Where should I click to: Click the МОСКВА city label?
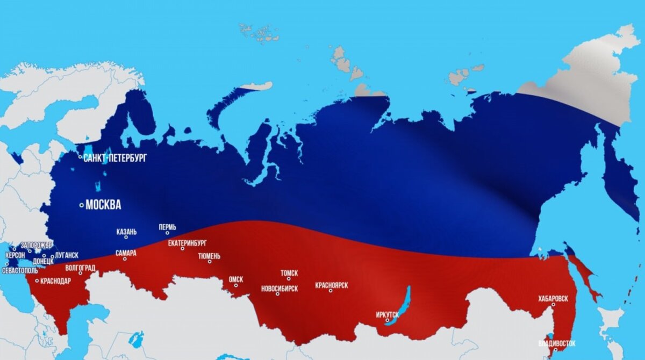click(x=103, y=205)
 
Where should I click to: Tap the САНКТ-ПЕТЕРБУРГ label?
click(x=114, y=158)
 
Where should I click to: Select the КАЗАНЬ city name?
click(x=126, y=232)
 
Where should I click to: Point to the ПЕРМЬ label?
click(x=167, y=227)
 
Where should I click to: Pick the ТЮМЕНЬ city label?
click(x=209, y=256)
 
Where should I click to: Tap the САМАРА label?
click(x=126, y=253)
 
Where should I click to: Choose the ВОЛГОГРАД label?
click(x=80, y=267)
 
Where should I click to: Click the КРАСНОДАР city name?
click(x=55, y=280)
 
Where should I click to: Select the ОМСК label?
click(x=235, y=279)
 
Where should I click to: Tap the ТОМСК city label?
click(x=289, y=273)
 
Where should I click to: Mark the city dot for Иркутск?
click(x=387, y=320)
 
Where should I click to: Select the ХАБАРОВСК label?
click(x=553, y=298)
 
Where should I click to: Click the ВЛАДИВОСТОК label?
click(x=556, y=343)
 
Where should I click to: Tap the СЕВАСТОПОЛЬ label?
click(x=19, y=270)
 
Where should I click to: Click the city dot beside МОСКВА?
click(x=82, y=205)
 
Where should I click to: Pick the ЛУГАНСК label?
click(x=67, y=255)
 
